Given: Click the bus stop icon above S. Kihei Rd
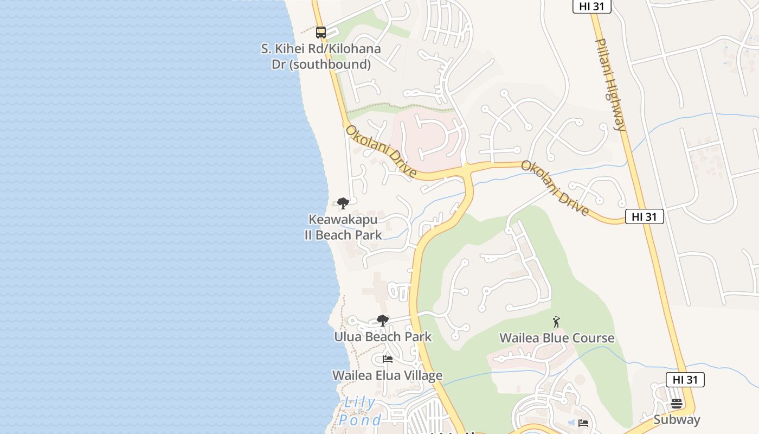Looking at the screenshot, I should (321, 33).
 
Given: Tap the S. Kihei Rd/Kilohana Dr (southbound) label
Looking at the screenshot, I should (321, 56).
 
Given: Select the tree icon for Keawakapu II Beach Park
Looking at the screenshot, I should (343, 203).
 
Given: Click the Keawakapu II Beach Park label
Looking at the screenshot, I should (343, 227).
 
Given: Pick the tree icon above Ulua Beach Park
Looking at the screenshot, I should (382, 321).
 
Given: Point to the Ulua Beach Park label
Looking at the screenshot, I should (383, 337).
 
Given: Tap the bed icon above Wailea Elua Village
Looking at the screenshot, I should (387, 359).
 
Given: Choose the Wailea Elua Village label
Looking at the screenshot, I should (387, 375).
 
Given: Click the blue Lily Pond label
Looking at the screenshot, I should (360, 411).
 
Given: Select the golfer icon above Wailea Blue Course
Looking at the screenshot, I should (556, 322).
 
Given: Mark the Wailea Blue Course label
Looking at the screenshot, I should (557, 338).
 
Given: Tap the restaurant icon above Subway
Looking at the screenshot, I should (676, 404).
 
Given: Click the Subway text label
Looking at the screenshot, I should (677, 420).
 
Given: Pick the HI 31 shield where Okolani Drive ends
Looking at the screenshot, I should (644, 216).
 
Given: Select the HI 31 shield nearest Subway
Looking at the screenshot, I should (685, 380).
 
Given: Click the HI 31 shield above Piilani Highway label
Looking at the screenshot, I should (592, 7).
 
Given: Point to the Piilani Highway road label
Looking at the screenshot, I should (611, 85).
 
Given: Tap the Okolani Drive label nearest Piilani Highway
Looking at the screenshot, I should (555, 188).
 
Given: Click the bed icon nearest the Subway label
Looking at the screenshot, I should (583, 423).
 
